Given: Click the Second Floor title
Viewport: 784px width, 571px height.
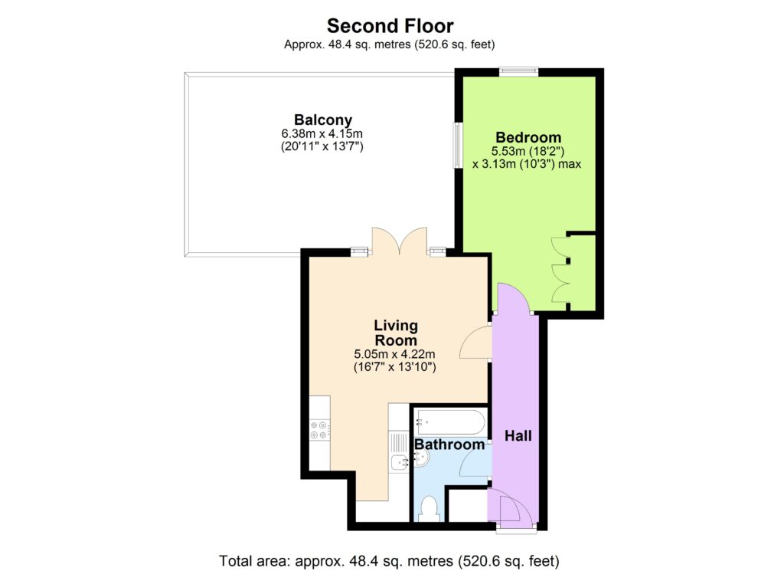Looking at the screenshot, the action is tap(390, 25).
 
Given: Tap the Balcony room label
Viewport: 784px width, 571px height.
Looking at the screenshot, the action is tap(323, 120).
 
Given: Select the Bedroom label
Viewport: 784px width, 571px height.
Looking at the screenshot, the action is tap(528, 137).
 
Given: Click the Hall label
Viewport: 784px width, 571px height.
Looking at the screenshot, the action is tap(518, 436).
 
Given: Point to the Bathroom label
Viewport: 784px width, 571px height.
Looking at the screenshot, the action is tap(449, 445).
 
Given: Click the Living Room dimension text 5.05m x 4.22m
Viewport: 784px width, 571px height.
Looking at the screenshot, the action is tap(394, 354).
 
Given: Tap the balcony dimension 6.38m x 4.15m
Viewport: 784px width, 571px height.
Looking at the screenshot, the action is tap(322, 133).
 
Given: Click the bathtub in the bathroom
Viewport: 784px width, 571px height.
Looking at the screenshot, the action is tap(450, 423).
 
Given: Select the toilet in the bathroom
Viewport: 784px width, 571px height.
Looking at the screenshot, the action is tap(429, 508).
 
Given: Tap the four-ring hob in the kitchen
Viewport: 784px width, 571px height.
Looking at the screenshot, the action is tap(319, 430).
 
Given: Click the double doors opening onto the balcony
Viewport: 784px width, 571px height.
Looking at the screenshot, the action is tap(400, 241).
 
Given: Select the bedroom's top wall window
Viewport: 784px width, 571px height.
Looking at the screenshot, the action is tap(518, 72).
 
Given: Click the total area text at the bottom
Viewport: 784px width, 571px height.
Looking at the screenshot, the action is tap(389, 560).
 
